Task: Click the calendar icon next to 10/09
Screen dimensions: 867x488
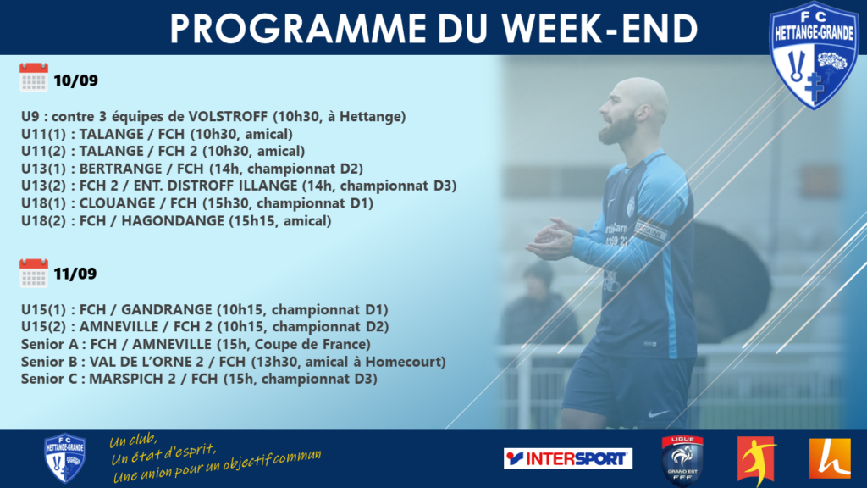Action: coord(34,77)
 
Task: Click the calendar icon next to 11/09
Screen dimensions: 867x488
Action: coord(34,274)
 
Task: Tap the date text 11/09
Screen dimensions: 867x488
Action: coord(75,274)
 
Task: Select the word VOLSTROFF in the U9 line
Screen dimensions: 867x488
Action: coord(229,117)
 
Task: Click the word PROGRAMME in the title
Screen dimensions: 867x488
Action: coord(298,29)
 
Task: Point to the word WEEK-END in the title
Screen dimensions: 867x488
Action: coord(599,29)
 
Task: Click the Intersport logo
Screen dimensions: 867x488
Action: coord(568,458)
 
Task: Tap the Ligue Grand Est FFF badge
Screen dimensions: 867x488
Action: coord(682,460)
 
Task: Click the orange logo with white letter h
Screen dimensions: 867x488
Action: coord(830,458)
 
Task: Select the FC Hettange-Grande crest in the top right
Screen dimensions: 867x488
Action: coord(815,55)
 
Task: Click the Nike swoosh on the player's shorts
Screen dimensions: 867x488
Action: coord(658,413)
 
